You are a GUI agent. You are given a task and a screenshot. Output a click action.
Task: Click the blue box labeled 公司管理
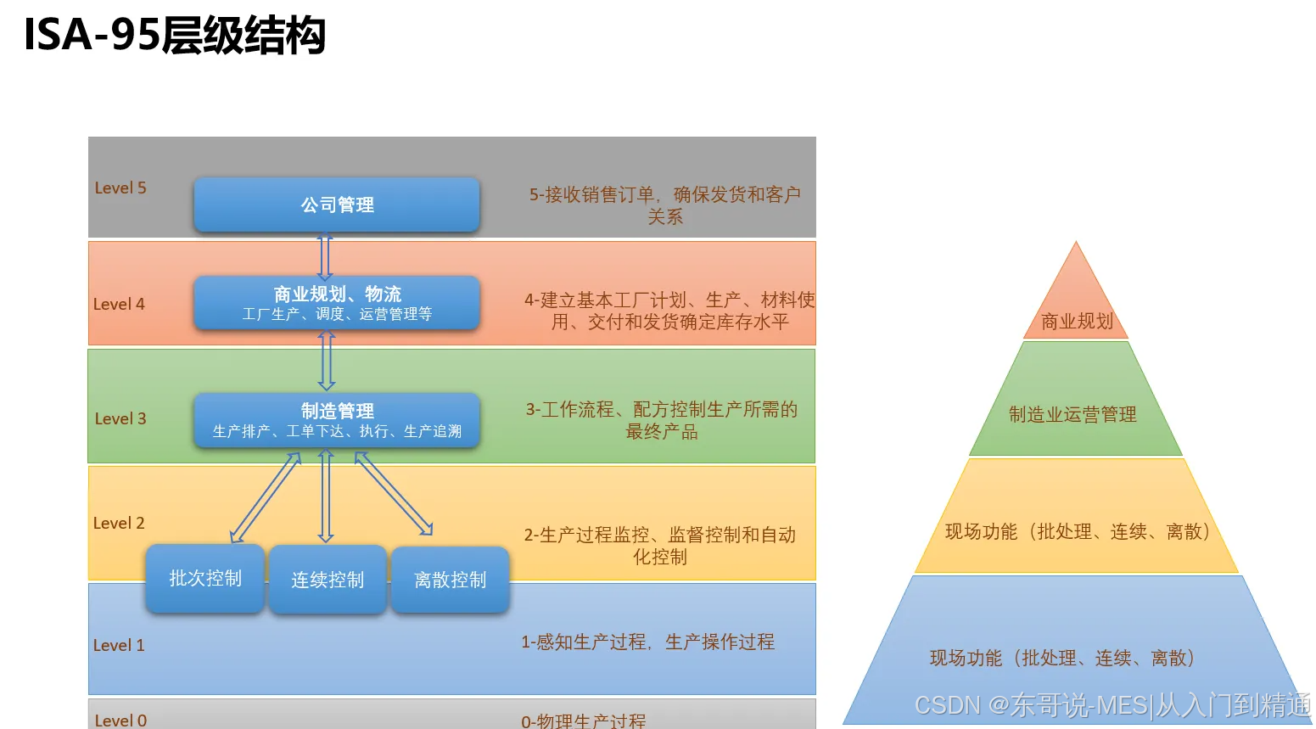[337, 205]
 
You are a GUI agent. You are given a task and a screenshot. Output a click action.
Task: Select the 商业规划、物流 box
[337, 303]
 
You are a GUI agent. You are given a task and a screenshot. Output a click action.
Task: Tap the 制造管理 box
[337, 420]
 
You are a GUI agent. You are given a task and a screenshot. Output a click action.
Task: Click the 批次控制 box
[205, 579]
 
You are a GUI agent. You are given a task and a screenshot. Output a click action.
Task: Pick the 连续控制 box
[328, 580]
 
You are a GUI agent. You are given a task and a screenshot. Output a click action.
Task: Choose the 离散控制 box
[450, 580]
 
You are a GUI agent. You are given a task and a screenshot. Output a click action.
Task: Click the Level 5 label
[120, 188]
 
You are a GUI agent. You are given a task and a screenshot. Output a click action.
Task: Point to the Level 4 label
[119, 305]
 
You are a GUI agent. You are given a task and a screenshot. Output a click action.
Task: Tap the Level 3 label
[120, 419]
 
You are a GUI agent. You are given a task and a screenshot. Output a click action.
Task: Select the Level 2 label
[119, 524]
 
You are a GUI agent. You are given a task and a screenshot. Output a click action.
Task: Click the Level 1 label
[119, 646]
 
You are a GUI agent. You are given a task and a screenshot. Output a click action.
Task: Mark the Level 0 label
[120, 721]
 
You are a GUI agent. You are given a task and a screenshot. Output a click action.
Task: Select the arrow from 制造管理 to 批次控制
[266, 497]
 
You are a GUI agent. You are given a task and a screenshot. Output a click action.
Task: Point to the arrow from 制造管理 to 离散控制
[394, 494]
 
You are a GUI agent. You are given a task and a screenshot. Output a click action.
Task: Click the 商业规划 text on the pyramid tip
[1077, 322]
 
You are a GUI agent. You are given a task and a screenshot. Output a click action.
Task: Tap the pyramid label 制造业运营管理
[1072, 415]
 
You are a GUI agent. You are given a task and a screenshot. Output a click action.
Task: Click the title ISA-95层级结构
[175, 36]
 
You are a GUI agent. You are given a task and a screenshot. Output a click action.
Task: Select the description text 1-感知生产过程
[647, 642]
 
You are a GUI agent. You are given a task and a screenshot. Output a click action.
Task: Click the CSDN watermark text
[1112, 705]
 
